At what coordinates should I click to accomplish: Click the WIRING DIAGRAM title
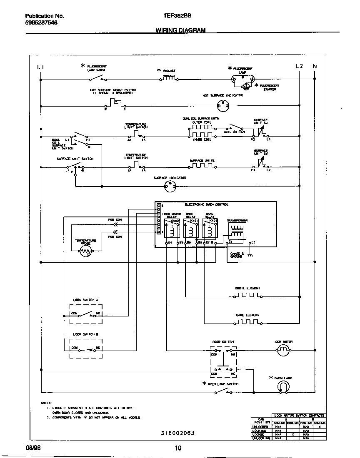click(180, 30)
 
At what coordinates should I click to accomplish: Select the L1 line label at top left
click(40, 67)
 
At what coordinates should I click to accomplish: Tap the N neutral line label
click(315, 66)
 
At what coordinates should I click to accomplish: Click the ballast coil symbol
click(169, 77)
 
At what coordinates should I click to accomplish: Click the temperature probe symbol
click(86, 251)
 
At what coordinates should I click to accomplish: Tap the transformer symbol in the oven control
click(237, 231)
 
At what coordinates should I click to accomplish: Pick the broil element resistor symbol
click(247, 296)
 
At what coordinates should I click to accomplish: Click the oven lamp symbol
click(283, 387)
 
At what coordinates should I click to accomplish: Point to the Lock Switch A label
click(85, 300)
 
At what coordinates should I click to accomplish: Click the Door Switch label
click(223, 342)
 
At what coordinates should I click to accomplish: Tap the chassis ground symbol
click(250, 255)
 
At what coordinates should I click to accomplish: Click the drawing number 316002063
click(177, 433)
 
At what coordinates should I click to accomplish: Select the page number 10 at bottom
click(178, 448)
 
